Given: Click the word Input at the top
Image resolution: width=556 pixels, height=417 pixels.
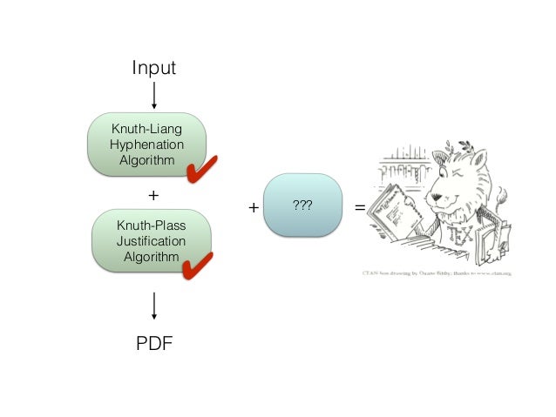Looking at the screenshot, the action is click(x=153, y=67).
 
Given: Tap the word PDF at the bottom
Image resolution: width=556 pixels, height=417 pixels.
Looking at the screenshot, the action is click(x=154, y=342).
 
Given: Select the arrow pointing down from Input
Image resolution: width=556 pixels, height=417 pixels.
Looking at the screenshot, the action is click(x=154, y=94).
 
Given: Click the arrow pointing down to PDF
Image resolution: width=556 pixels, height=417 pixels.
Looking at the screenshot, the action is click(x=154, y=305).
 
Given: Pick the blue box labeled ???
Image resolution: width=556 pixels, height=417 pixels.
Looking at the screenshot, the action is click(x=302, y=205).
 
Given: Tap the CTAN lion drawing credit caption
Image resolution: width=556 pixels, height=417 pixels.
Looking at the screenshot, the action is click(x=436, y=272).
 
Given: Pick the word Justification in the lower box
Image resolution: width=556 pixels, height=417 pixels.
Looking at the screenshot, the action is click(x=152, y=241).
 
